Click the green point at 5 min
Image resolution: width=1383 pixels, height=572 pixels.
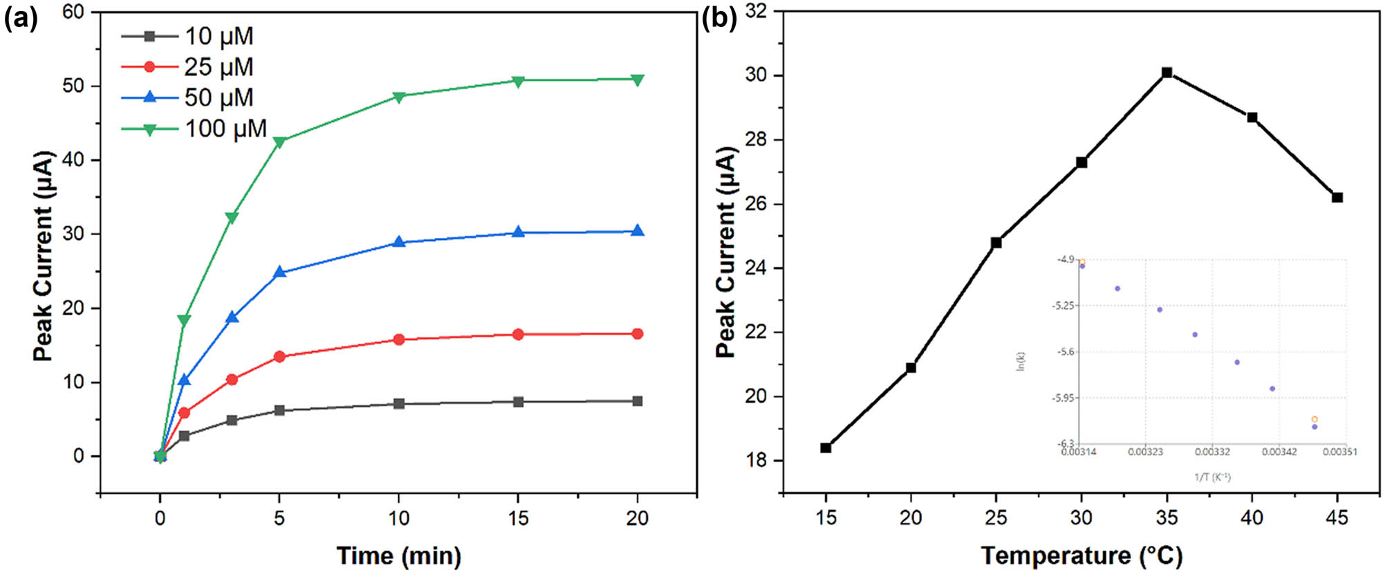point(279,142)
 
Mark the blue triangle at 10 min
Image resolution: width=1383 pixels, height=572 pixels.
point(399,242)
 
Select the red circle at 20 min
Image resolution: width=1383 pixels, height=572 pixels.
point(638,334)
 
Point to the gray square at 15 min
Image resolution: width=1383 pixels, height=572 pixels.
point(519,402)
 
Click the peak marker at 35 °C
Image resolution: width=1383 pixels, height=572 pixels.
point(1167,73)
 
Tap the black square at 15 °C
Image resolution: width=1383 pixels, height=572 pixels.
point(826,448)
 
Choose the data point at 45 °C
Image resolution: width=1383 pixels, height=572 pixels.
point(1337,198)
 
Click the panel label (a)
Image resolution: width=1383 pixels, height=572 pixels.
point(20,18)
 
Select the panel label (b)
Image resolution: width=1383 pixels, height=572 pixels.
point(719,18)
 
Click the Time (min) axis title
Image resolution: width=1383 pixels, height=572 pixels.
point(399,555)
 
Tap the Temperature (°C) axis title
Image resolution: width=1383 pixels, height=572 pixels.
point(1082,555)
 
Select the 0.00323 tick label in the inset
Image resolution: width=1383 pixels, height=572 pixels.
point(1146,452)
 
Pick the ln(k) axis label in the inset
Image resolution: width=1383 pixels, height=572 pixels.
point(1021,361)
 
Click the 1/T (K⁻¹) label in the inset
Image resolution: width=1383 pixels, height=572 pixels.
point(1212,477)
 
